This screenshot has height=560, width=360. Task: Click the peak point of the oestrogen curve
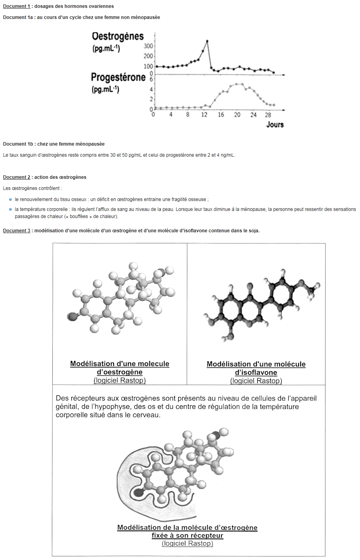click(x=207, y=41)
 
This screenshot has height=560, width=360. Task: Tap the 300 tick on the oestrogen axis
click(x=148, y=46)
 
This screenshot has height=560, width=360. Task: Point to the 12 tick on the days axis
click(x=204, y=115)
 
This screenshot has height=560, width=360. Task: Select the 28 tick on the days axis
click(x=268, y=115)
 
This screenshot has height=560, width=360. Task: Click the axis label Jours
click(x=275, y=125)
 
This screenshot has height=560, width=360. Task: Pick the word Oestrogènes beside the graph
click(x=118, y=36)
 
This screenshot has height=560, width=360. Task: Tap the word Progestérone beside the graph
click(x=118, y=77)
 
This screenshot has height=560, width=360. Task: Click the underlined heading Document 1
click(x=17, y=6)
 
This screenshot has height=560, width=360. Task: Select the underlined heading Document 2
click(x=17, y=177)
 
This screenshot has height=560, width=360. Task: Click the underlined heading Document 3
click(x=17, y=231)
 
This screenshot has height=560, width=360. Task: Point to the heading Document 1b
click(x=18, y=144)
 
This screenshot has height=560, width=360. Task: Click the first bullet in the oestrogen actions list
click(x=10, y=199)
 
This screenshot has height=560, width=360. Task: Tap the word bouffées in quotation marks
click(x=79, y=216)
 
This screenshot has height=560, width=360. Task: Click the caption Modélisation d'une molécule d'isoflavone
click(x=256, y=368)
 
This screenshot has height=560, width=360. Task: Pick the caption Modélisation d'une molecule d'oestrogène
click(x=120, y=368)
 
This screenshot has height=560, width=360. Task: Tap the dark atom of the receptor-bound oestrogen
click(x=138, y=492)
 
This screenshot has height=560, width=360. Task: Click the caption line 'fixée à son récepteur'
click(x=187, y=535)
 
